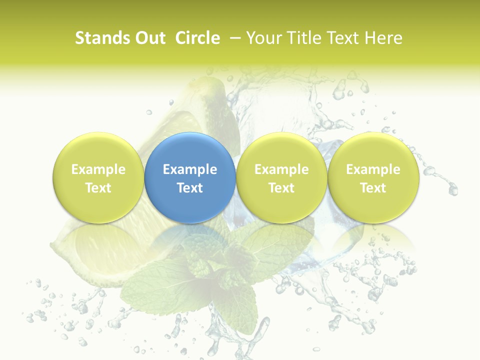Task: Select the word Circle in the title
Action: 197,38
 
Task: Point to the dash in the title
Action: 233,38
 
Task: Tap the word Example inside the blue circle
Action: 190,169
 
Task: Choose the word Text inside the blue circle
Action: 190,188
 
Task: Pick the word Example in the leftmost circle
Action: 98,169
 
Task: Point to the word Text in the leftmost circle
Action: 98,188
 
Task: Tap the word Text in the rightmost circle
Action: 373,188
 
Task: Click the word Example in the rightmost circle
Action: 373,169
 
